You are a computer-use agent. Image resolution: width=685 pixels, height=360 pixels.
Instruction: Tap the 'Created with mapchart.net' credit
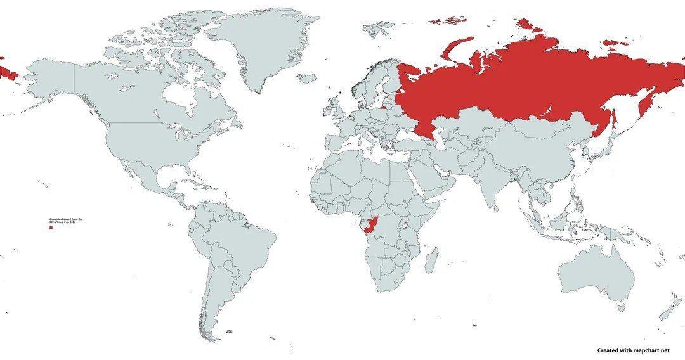coord(633,350)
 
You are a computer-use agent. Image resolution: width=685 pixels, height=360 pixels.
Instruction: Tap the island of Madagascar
coord(430,260)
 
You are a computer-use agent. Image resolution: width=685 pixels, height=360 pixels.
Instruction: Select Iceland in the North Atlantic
coord(306,78)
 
